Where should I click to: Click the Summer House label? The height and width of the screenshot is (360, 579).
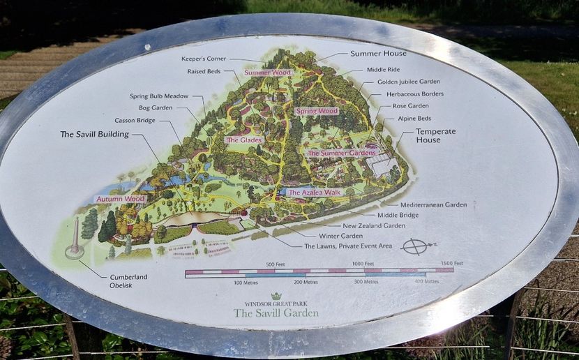pos(378,54)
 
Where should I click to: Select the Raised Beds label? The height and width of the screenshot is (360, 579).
pos(204,71)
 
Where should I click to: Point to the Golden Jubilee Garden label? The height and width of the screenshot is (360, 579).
pos(409,82)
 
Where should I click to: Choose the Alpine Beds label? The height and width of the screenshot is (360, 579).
pos(414,118)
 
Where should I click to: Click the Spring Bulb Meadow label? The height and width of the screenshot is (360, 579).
pos(159,96)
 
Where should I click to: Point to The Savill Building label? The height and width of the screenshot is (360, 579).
pos(94,134)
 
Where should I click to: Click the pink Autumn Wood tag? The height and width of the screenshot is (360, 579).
pos(120,199)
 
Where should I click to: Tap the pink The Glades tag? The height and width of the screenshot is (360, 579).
pos(242,140)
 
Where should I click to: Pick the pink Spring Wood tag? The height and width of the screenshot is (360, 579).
pos(316,111)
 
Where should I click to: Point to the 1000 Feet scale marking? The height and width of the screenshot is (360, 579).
pos(363,263)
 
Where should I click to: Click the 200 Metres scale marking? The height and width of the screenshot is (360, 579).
pos(306,281)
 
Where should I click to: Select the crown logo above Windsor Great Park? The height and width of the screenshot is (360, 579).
pos(276,296)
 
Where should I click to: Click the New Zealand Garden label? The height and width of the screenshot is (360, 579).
pos(373,225)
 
